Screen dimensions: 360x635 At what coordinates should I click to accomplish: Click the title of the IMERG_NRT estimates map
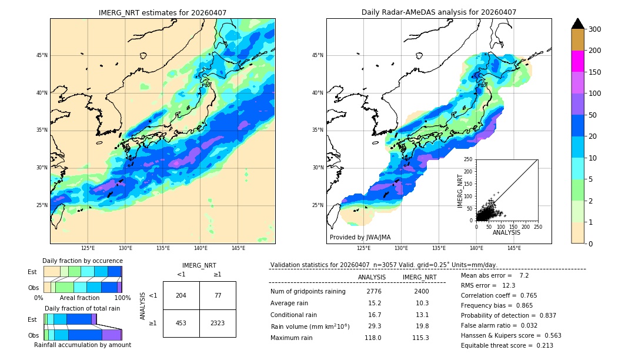[162, 12]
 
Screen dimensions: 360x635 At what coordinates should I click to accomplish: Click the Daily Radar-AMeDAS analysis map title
[439, 12]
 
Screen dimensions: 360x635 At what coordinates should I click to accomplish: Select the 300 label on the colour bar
[594, 29]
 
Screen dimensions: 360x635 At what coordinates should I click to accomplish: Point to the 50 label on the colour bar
[592, 115]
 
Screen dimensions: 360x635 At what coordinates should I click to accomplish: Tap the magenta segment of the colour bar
[577, 61]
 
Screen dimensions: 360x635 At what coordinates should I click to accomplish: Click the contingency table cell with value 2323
[218, 323]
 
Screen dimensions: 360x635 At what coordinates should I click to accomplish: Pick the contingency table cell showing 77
[218, 295]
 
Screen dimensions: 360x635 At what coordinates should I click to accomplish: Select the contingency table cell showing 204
[181, 295]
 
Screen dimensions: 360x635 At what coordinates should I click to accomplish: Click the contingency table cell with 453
[181, 323]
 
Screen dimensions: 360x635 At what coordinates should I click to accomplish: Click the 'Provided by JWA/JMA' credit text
[360, 238]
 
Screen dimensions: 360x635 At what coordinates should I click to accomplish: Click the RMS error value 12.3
[509, 285]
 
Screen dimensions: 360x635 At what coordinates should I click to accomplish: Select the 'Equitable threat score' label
[498, 345]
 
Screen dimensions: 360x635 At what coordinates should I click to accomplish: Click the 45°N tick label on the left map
[42, 55]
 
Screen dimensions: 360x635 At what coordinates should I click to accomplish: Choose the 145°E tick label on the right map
[514, 248]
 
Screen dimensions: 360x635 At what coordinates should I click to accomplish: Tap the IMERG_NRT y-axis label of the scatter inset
[461, 191]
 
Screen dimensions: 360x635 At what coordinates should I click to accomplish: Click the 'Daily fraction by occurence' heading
[82, 261]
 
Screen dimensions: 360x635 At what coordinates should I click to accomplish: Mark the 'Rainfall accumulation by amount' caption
[82, 345]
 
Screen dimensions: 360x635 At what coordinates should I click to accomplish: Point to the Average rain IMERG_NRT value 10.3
[419, 303]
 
